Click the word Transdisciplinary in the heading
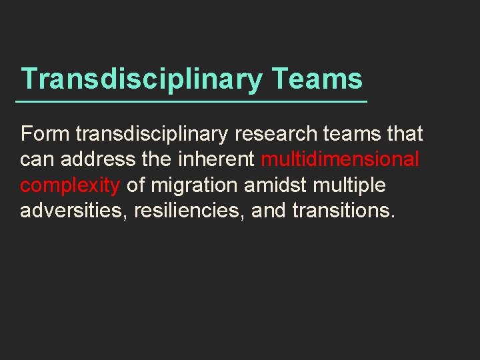click(x=141, y=79)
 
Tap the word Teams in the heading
click(x=317, y=79)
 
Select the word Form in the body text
click(x=45, y=134)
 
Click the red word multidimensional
click(x=340, y=160)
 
